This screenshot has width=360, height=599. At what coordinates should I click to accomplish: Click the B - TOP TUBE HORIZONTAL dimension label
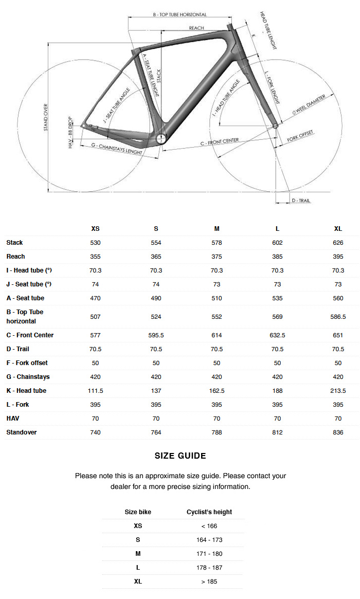[x=179, y=15]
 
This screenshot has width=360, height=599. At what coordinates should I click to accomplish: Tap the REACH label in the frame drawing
[x=196, y=28]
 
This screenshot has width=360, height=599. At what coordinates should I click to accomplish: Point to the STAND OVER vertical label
[x=46, y=117]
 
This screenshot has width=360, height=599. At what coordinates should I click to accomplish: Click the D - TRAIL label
[x=301, y=201]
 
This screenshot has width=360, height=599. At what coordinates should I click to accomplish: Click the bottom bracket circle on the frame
[x=161, y=138]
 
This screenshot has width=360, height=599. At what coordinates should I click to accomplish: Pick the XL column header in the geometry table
[x=338, y=229]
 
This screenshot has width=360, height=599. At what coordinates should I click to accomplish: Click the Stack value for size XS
[x=95, y=243]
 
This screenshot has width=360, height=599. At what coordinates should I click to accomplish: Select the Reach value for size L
[x=277, y=257]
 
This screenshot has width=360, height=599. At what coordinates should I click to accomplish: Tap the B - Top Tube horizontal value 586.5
[x=338, y=317]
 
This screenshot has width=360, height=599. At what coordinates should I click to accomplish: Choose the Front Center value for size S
[x=156, y=335]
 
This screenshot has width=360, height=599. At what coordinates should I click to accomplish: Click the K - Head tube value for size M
[x=217, y=391]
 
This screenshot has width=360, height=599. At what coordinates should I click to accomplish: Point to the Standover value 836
[x=338, y=432]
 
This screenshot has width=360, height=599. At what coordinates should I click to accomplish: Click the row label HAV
[x=13, y=419]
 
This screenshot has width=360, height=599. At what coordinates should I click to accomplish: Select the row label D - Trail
[x=18, y=349]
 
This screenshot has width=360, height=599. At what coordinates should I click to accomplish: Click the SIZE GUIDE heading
[x=180, y=456]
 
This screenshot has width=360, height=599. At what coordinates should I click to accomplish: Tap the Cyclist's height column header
[x=209, y=512]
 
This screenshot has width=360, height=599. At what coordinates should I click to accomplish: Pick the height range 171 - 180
[x=209, y=553]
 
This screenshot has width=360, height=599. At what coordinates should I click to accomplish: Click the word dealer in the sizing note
[x=120, y=486]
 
